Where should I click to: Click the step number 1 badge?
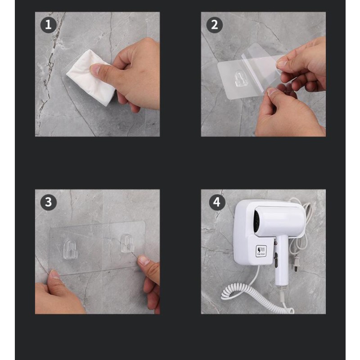(49, 25)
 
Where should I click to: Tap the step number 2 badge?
(214, 25)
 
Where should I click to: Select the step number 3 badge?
(49, 202)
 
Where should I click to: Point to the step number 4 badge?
(216, 202)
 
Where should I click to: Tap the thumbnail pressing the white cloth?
(95, 69)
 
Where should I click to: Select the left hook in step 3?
(71, 249)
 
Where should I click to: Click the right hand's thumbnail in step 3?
(144, 260)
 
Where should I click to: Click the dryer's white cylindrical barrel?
(279, 220)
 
